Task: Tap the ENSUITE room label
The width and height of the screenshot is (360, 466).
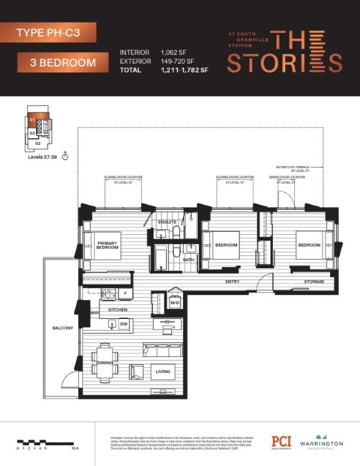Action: coord(167,222)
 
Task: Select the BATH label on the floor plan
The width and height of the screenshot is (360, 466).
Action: coord(188,260)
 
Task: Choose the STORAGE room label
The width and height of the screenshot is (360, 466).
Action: coord(314,282)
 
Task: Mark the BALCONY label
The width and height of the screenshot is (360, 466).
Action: coord(62,328)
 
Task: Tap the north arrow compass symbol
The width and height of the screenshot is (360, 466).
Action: coord(67,157)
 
